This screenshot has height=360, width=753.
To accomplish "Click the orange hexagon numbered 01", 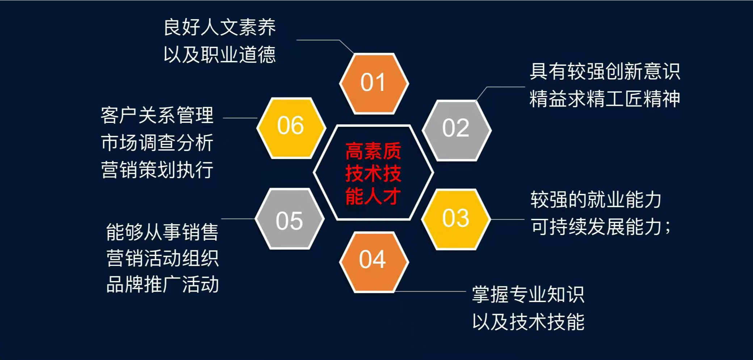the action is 374,83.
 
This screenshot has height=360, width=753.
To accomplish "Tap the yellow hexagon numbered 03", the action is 456,219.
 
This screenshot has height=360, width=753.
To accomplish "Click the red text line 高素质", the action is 373,151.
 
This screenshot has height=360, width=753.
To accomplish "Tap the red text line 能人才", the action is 373,196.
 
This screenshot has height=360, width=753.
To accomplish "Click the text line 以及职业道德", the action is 220,55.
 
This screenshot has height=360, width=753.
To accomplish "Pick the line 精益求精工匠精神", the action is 605,99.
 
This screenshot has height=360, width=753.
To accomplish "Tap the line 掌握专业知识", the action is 528,294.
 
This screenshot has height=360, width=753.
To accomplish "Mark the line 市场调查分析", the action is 157,142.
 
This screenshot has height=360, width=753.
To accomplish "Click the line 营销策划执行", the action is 157,169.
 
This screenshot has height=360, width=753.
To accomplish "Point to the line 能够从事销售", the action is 162,232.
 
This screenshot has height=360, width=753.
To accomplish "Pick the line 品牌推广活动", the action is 162,284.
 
